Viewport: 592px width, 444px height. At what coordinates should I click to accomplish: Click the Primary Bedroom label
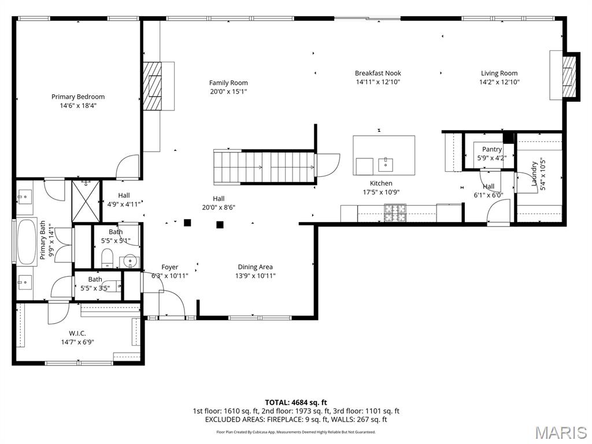(x=78, y=97)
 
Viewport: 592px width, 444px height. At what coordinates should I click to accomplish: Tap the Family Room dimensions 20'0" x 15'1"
(x=228, y=92)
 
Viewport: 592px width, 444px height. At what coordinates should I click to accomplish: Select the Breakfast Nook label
(x=378, y=73)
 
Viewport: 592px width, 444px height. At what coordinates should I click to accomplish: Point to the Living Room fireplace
(x=569, y=76)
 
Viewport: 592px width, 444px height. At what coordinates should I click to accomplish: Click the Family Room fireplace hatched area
(x=153, y=86)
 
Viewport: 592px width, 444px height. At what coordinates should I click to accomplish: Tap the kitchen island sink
(x=385, y=164)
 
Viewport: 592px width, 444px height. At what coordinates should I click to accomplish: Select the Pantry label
(x=492, y=149)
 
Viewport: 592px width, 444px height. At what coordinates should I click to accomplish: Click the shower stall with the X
(x=86, y=201)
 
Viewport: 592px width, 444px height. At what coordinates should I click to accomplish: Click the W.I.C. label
(x=77, y=333)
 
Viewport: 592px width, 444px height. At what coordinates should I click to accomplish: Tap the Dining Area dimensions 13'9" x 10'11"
(x=255, y=276)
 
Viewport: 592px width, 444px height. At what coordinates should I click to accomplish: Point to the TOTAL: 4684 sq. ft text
(x=296, y=402)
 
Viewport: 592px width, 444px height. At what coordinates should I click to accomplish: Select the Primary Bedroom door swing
(x=128, y=166)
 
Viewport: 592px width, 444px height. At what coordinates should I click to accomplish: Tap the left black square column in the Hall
(x=187, y=223)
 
